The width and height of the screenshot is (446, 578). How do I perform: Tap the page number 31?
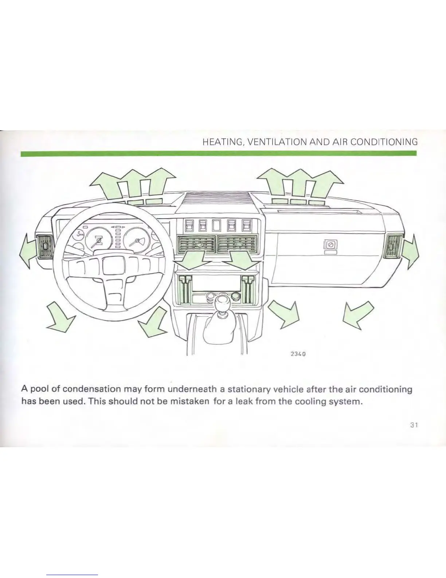pos(413,425)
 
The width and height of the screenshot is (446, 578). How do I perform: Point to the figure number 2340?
pos(297,353)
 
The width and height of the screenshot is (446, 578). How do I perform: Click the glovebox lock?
pos(331,245)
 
